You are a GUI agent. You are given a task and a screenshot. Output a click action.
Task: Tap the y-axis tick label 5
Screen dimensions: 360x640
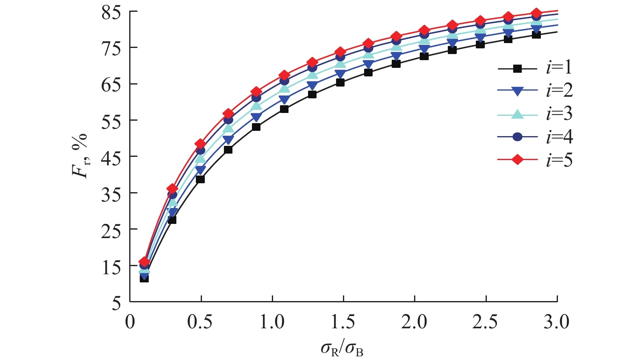click(117, 303)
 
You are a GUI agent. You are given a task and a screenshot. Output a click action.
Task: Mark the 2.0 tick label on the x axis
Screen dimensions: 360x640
click(414, 322)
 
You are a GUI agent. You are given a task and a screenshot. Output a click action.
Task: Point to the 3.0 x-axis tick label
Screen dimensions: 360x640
click(557, 322)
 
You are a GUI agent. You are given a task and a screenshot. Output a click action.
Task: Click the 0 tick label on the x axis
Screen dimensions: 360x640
click(130, 322)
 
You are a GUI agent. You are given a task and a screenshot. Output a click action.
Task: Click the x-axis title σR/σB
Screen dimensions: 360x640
click(342, 348)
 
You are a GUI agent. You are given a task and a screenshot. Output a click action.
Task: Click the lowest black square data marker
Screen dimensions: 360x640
click(144, 278)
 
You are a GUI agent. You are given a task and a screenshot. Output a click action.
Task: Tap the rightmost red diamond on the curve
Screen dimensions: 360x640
click(536, 13)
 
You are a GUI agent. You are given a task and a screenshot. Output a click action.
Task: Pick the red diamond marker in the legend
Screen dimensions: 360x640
click(517, 160)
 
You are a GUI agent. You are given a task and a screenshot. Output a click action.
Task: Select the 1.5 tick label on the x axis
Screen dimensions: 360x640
click(343, 322)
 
